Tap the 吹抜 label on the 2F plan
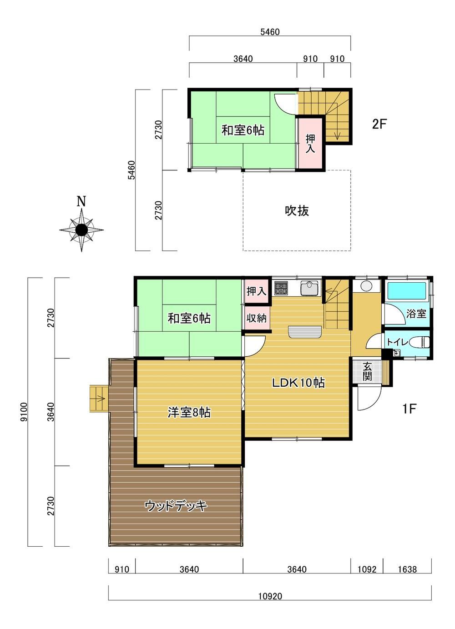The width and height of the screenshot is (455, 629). (297, 210)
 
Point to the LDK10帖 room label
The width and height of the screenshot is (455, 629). (298, 383)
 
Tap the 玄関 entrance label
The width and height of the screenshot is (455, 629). (367, 371)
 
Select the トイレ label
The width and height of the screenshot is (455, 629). (398, 342)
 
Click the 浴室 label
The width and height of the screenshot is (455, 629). (416, 314)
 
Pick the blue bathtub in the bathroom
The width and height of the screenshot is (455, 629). (407, 291)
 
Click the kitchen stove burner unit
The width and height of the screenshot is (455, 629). (281, 288)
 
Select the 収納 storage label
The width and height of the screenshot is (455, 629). (257, 318)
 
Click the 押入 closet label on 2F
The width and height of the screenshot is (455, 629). (310, 144)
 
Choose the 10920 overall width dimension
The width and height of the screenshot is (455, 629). (270, 595)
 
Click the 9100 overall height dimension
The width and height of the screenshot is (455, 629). (24, 412)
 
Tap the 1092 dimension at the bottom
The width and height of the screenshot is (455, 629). (367, 569)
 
